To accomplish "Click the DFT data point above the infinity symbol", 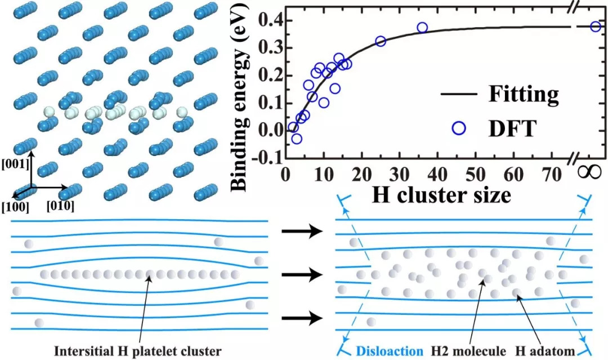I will click(x=596, y=26).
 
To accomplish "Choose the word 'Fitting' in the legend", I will click(x=524, y=94).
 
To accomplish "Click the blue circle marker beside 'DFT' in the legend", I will click(x=459, y=128).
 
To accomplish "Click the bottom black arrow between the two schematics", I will click(x=302, y=319).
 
